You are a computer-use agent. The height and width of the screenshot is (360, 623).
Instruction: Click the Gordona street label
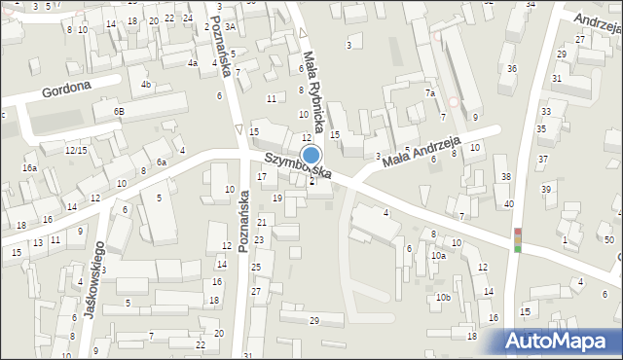[66, 91]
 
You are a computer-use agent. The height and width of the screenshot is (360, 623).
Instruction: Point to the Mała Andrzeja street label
[421, 151]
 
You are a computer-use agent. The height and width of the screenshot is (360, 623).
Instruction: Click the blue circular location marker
[311, 156]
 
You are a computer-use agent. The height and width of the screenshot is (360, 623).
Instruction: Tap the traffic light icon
[518, 240]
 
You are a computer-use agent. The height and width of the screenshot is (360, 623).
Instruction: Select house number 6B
[118, 112]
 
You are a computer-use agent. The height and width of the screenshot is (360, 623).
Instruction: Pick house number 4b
[146, 85]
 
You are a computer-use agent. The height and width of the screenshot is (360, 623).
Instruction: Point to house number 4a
[193, 63]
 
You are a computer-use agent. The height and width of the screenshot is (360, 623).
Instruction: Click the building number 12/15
[76, 150]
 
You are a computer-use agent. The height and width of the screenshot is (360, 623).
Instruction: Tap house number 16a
[30, 168]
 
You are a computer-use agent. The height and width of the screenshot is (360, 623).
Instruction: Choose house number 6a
[163, 162]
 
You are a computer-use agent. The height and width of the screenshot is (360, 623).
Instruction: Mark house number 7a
[428, 93]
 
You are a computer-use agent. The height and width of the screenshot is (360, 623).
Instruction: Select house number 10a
[438, 256]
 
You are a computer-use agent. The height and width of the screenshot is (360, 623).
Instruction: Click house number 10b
[443, 297]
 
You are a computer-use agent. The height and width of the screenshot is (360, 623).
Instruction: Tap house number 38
[505, 176]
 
